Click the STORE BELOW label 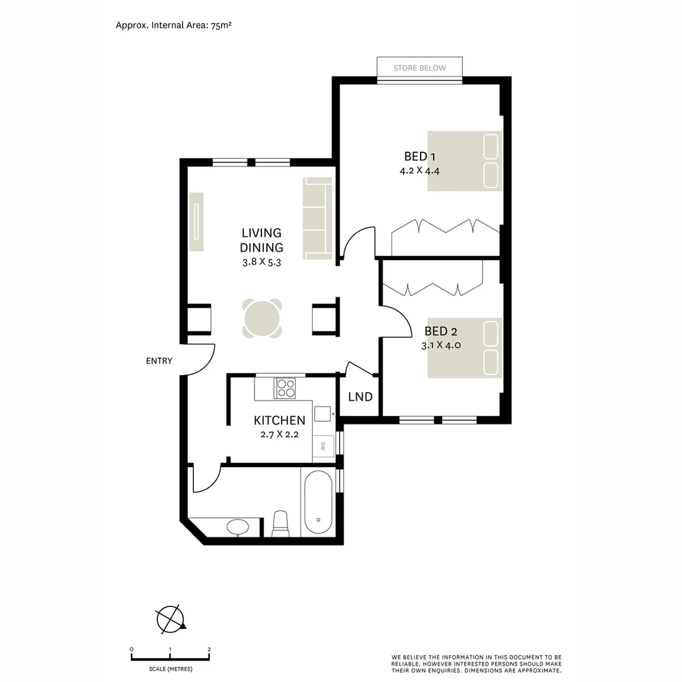pos(419,68)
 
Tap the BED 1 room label pos(420,157)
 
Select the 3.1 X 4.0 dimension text pos(441,345)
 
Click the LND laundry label pos(360,397)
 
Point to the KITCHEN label pos(279,421)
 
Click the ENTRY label pos(159,361)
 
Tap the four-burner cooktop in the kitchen pos(285,388)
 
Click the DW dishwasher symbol pos(323,445)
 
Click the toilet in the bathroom pos(280,524)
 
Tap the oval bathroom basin pos(237,527)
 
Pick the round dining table pos(262,318)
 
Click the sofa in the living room pos(318,218)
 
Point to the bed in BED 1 pos(464,161)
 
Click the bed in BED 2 pos(464,348)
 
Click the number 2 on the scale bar pos(209,649)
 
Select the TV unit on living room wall pos(197,222)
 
